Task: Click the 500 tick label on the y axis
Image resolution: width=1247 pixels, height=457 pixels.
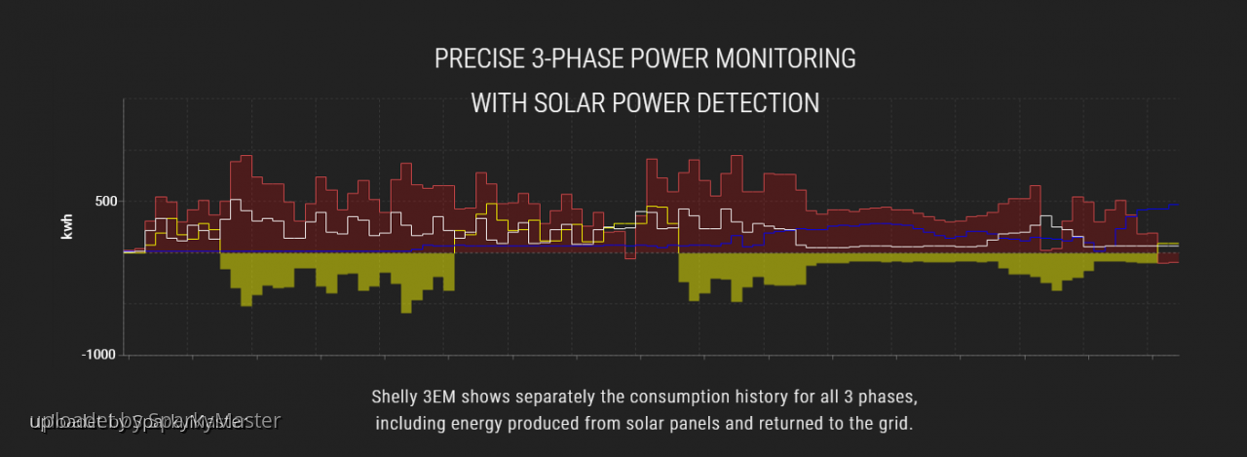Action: pos(105,202)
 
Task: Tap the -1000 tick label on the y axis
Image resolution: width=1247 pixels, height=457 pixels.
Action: pos(99,355)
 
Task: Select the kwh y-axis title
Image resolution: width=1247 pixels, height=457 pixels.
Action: pos(67,226)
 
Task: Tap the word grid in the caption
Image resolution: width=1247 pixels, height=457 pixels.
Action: pos(894,424)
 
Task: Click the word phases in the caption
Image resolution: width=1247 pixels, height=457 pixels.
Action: pos(889,398)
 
